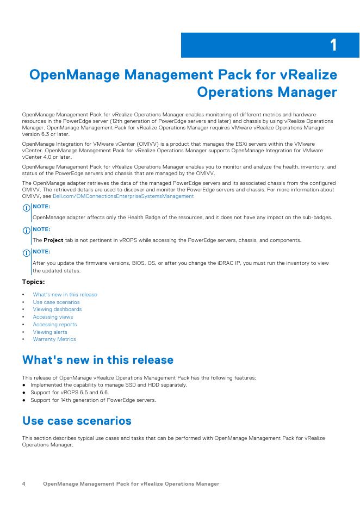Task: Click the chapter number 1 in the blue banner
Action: [x=333, y=45]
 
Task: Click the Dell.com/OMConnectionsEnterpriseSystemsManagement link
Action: [x=123, y=196]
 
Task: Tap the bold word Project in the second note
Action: [x=53, y=240]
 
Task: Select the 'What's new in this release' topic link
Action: [x=65, y=295]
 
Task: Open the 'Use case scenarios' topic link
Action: [x=56, y=302]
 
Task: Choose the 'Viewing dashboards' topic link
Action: [x=57, y=309]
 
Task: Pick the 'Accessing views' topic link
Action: [x=53, y=317]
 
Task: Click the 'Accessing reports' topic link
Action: [x=55, y=325]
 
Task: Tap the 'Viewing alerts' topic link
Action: [x=50, y=332]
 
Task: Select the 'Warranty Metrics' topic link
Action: [x=54, y=339]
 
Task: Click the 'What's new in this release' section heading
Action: [x=98, y=360]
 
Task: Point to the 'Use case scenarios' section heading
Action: [x=77, y=421]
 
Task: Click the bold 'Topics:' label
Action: [x=33, y=282]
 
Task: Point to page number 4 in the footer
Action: [x=24, y=483]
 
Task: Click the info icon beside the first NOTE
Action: [x=26, y=208]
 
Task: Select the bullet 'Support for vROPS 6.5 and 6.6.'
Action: [x=70, y=392]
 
